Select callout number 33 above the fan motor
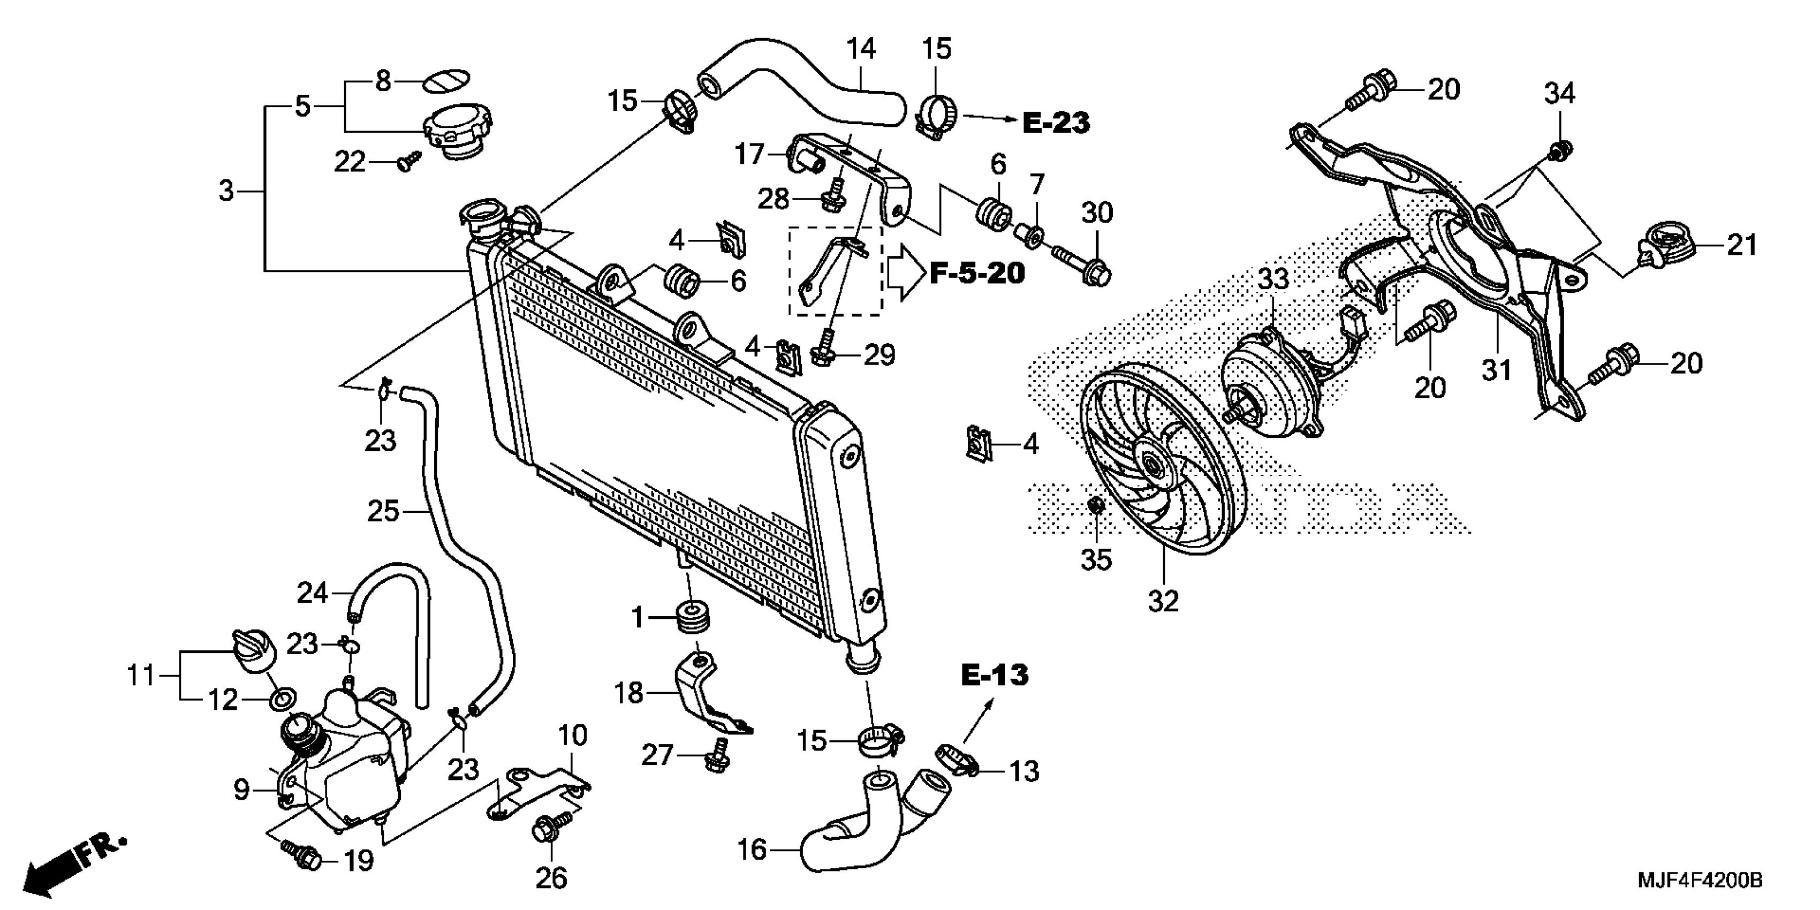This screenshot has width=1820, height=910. pos(1274,279)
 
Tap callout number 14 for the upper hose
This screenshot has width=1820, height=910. pos(861,49)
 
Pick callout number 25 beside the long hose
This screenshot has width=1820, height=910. pos(383,511)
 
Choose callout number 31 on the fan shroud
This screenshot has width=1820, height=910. pos(1496,369)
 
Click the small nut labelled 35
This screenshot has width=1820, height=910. pos(1096,506)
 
